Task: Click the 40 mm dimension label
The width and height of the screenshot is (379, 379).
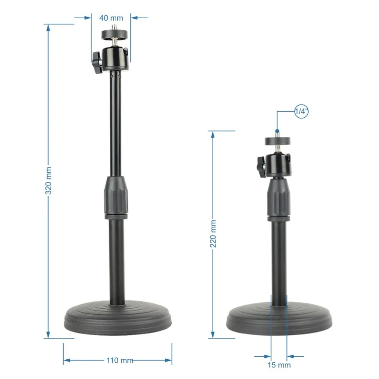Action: pos(111,18)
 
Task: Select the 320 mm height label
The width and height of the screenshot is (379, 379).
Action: pos(49,180)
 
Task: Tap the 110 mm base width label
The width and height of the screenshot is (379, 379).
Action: pos(120,360)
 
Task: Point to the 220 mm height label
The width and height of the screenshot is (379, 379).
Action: pos(213,234)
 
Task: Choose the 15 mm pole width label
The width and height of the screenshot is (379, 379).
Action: pos(279,365)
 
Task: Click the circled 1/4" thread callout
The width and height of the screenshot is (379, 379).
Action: pos(302,112)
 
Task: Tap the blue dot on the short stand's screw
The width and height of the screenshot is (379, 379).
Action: pos(277,131)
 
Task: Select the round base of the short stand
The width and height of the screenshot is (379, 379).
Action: pos(279,318)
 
